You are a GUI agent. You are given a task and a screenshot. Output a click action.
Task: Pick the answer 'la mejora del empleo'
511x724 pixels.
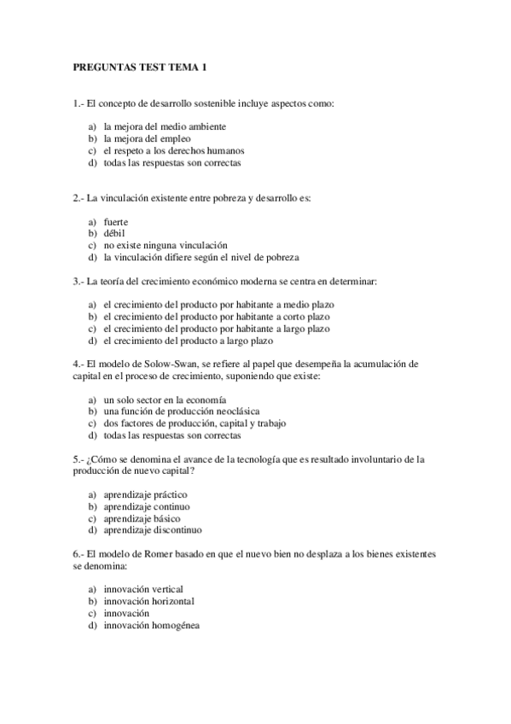point(147,138)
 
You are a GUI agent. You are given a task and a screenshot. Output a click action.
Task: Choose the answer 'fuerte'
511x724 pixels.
point(116,222)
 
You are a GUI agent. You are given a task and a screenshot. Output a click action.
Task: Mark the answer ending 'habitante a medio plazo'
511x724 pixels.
point(218,305)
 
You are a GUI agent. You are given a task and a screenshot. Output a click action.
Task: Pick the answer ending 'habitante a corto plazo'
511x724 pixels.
point(218,317)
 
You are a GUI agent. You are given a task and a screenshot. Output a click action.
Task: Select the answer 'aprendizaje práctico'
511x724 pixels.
point(145,494)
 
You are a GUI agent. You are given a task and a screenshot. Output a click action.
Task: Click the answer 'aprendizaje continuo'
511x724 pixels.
point(146,506)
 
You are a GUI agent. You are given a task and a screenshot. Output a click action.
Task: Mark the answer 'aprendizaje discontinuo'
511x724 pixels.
point(152,529)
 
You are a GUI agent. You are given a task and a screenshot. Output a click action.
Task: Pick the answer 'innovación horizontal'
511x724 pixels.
point(148,601)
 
